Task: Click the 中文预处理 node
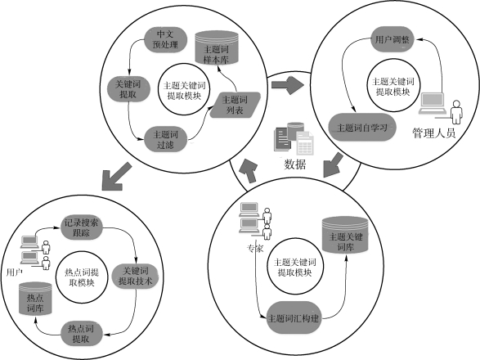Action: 165,39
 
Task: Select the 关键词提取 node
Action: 128,89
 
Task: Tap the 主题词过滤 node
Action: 165,139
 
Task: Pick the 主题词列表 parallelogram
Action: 236,105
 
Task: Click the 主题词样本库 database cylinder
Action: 217,47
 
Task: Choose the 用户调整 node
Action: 393,39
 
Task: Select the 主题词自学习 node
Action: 361,127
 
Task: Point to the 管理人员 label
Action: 433,133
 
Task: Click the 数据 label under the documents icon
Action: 295,164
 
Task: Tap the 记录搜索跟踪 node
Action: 81,227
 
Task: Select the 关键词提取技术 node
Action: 135,276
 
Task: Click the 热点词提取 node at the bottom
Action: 81,334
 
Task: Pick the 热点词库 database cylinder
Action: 35,299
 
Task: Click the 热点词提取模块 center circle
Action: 82,277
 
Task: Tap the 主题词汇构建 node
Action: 294,318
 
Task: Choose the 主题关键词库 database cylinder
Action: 345,236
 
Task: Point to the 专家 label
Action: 255,249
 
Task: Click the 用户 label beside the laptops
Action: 15,272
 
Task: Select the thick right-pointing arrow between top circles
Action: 287,85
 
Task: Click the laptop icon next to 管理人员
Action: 432,103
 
